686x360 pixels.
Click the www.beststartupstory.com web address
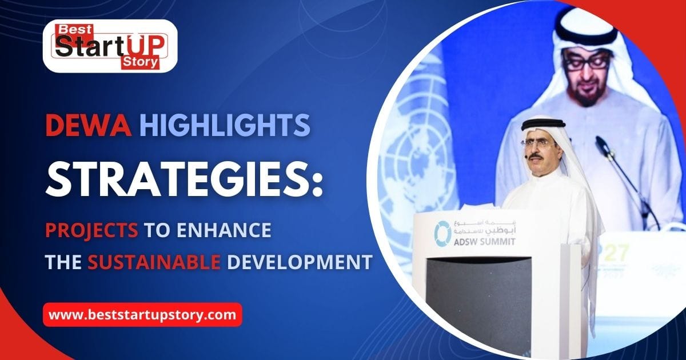tap(142, 314)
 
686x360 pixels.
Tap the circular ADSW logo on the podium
tap(442, 233)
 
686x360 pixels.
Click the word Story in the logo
tap(139, 63)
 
